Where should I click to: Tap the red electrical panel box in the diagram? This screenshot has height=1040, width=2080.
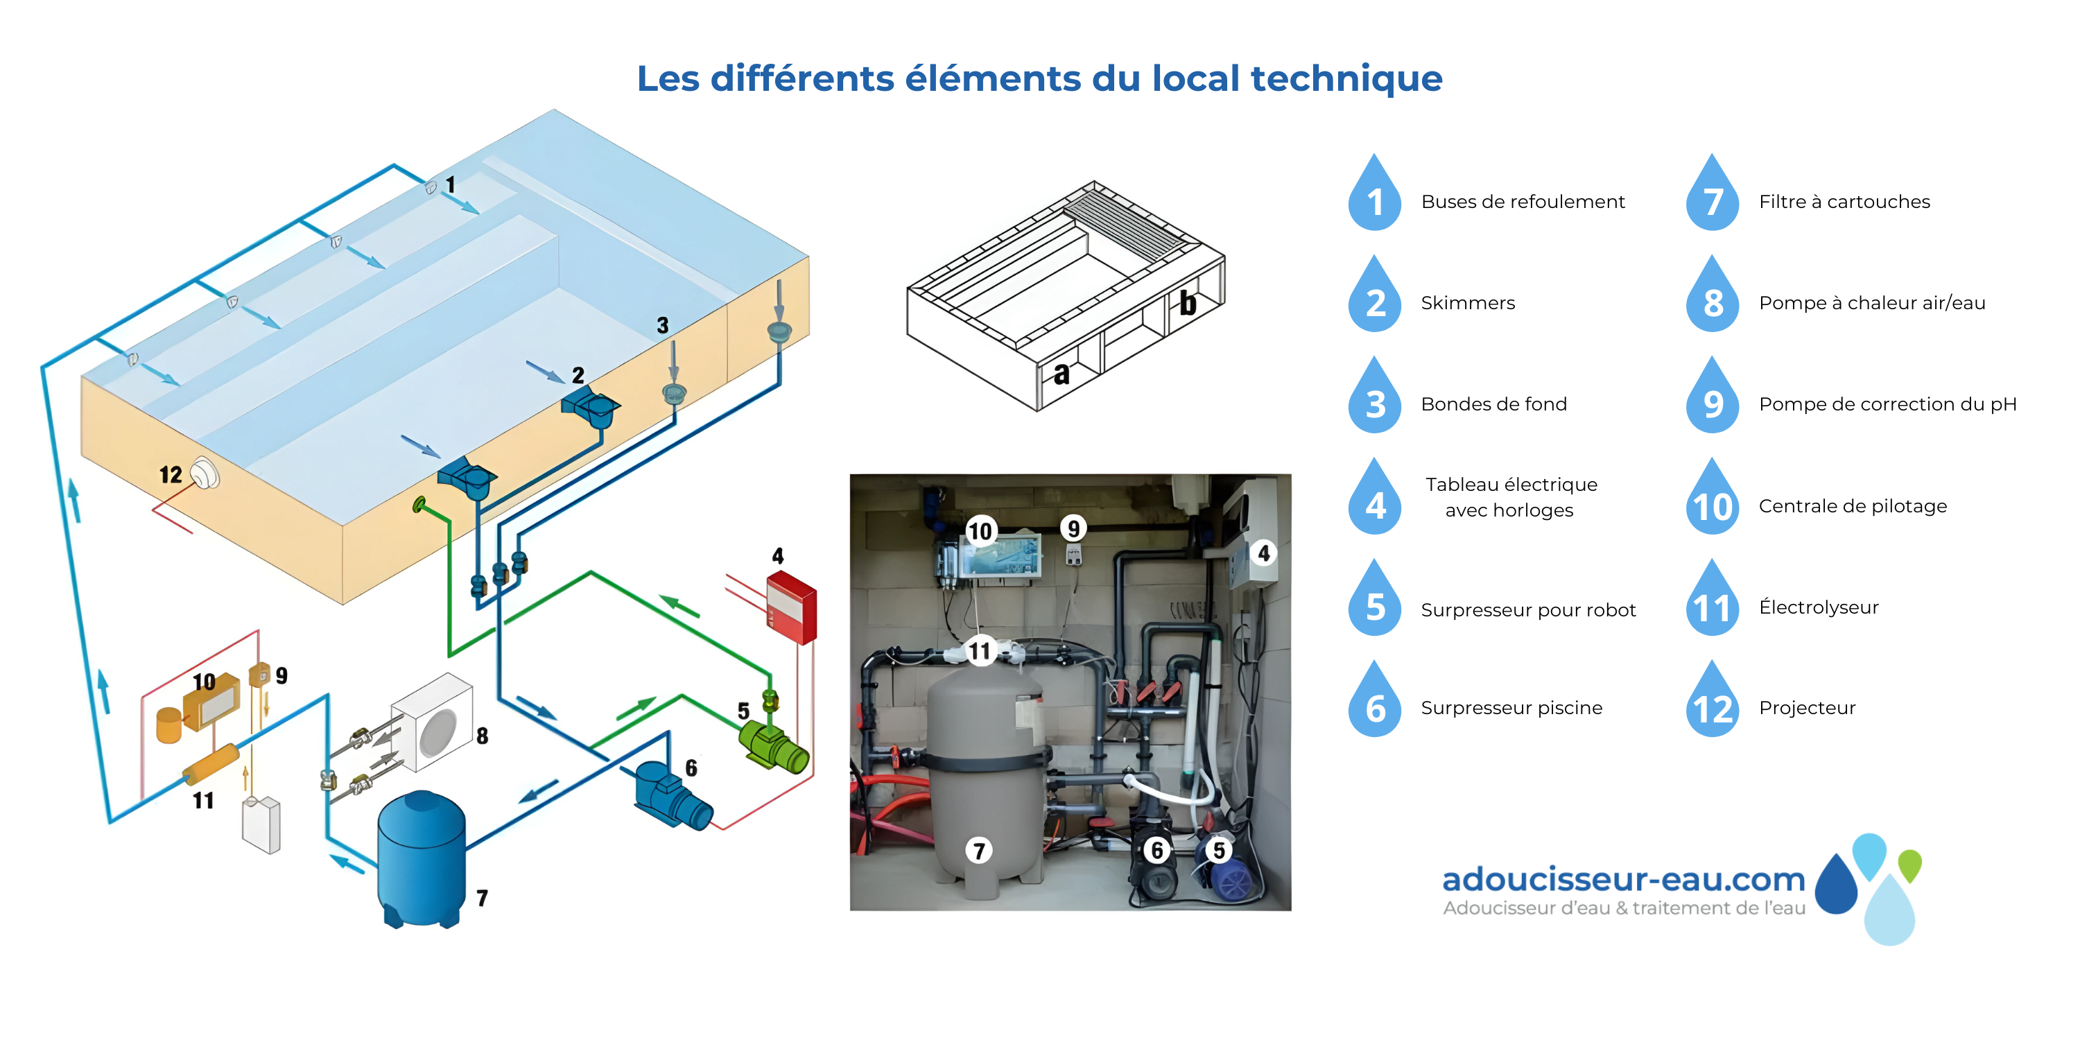pos(791,607)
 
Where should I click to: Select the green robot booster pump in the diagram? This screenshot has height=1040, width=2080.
pos(773,746)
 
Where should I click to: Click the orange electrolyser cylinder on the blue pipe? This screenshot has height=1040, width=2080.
pos(211,764)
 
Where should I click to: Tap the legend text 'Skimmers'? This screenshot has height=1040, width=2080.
pos(1468,303)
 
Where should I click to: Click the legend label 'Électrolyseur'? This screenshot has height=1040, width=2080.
pos(1819,607)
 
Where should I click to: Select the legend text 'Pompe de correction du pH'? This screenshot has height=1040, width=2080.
pos(1888,404)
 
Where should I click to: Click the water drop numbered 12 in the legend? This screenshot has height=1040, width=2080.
pos(1712,700)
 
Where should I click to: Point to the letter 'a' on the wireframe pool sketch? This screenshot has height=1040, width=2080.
pos(1061,373)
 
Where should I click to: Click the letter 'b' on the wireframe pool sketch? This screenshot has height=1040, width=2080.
pos(1188,303)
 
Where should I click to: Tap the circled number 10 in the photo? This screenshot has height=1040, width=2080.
pos(980,530)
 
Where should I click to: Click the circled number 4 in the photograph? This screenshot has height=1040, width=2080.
pos(1264,553)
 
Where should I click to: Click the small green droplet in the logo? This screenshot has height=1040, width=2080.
pos(1909,865)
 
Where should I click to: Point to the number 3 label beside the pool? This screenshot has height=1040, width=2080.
pos(662,325)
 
